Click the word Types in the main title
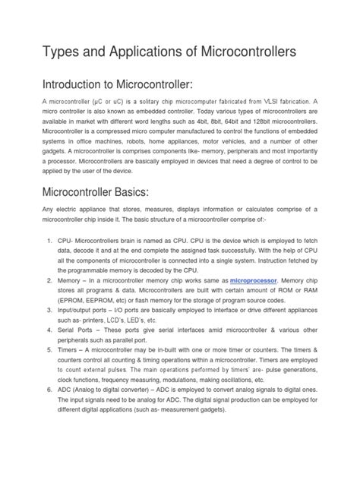pyautogui.click(x=45, y=53)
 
